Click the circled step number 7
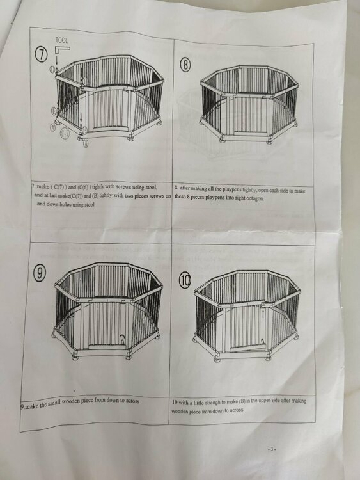42,55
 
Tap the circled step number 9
39,273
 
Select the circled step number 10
185,280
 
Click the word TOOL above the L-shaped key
62,40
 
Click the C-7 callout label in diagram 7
65,133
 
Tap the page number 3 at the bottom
272,449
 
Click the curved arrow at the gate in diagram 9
122,339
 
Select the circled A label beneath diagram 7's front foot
86,143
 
